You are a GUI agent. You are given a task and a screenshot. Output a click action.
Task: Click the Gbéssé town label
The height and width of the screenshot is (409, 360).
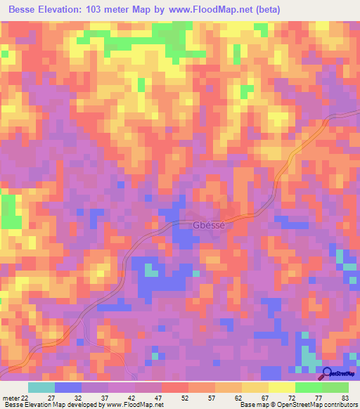207,226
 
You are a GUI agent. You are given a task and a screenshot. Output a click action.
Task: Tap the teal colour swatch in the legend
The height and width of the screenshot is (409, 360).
41,387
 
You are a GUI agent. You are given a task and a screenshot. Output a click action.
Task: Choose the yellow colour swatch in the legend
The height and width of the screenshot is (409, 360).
281,387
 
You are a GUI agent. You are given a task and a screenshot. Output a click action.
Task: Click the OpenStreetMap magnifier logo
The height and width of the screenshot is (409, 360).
328,375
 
